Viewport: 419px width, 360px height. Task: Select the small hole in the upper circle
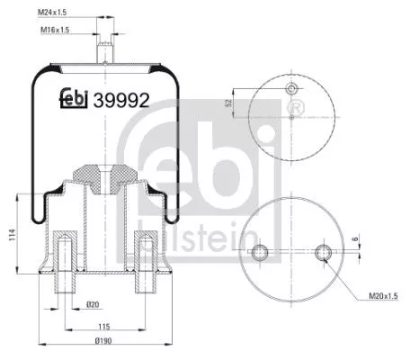291,89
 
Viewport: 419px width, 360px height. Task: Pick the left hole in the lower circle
261,251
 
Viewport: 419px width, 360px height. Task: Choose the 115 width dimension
104,326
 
